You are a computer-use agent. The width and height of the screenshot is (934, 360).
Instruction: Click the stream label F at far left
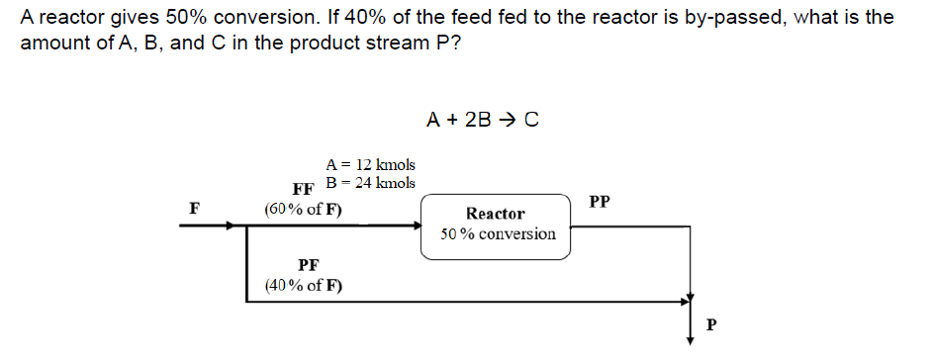195,209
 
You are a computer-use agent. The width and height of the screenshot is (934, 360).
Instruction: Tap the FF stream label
303,189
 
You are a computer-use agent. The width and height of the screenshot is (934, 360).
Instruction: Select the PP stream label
600,202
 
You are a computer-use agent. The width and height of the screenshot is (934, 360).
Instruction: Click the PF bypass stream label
308,265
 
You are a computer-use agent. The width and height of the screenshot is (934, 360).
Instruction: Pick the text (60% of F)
304,210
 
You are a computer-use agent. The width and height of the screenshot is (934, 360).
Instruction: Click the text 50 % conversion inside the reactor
499,234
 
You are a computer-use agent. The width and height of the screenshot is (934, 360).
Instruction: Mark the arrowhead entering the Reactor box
417,225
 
